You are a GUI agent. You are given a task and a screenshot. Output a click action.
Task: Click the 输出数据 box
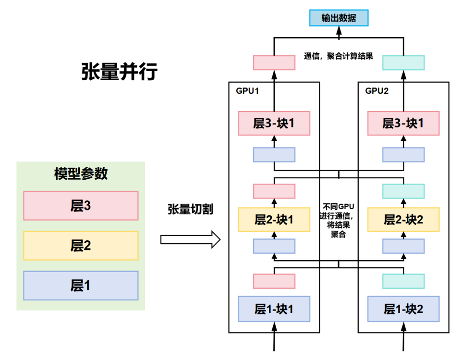[x=339, y=18]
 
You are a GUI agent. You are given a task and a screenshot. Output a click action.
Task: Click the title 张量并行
[x=119, y=72]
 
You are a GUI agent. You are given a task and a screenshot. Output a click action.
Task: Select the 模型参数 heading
[x=81, y=174]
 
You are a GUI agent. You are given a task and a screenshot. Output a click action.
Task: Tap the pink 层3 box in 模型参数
[x=81, y=206]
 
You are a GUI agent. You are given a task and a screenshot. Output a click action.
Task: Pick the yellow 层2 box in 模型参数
[x=81, y=246]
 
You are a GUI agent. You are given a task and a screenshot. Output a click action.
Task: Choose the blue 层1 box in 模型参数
[x=81, y=286]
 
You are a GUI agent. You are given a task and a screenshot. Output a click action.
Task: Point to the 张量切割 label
[x=190, y=210]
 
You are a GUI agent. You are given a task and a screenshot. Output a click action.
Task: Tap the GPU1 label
[x=247, y=90]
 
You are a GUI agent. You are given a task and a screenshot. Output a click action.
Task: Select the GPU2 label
[x=377, y=90]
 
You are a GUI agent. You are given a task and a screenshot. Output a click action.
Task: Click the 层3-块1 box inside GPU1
[x=274, y=123]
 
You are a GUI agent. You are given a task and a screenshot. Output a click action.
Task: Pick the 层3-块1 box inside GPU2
[x=403, y=123]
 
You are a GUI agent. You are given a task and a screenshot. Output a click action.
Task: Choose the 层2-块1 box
[x=274, y=220]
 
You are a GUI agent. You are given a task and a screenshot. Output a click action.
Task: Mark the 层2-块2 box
[x=403, y=220]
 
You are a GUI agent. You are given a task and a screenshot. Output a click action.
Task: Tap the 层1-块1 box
[x=274, y=309]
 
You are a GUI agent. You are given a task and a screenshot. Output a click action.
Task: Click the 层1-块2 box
[x=403, y=309]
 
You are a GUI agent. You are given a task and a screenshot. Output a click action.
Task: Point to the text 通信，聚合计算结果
[x=339, y=56]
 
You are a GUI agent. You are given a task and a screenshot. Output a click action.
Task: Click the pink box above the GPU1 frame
[x=274, y=62]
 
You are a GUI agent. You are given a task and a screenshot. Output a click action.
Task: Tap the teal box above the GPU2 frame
[x=403, y=62]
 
